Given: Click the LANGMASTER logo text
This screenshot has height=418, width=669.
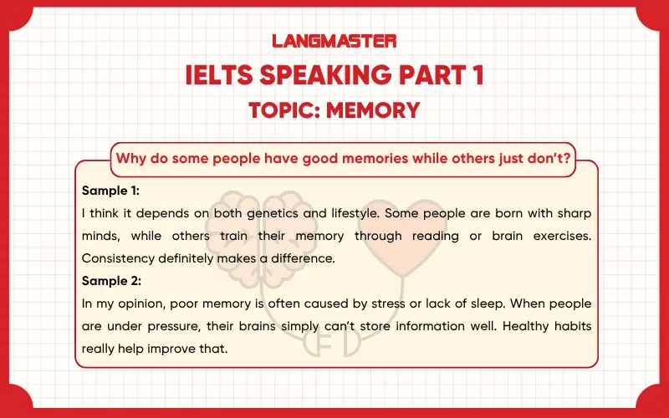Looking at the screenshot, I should (334, 40).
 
